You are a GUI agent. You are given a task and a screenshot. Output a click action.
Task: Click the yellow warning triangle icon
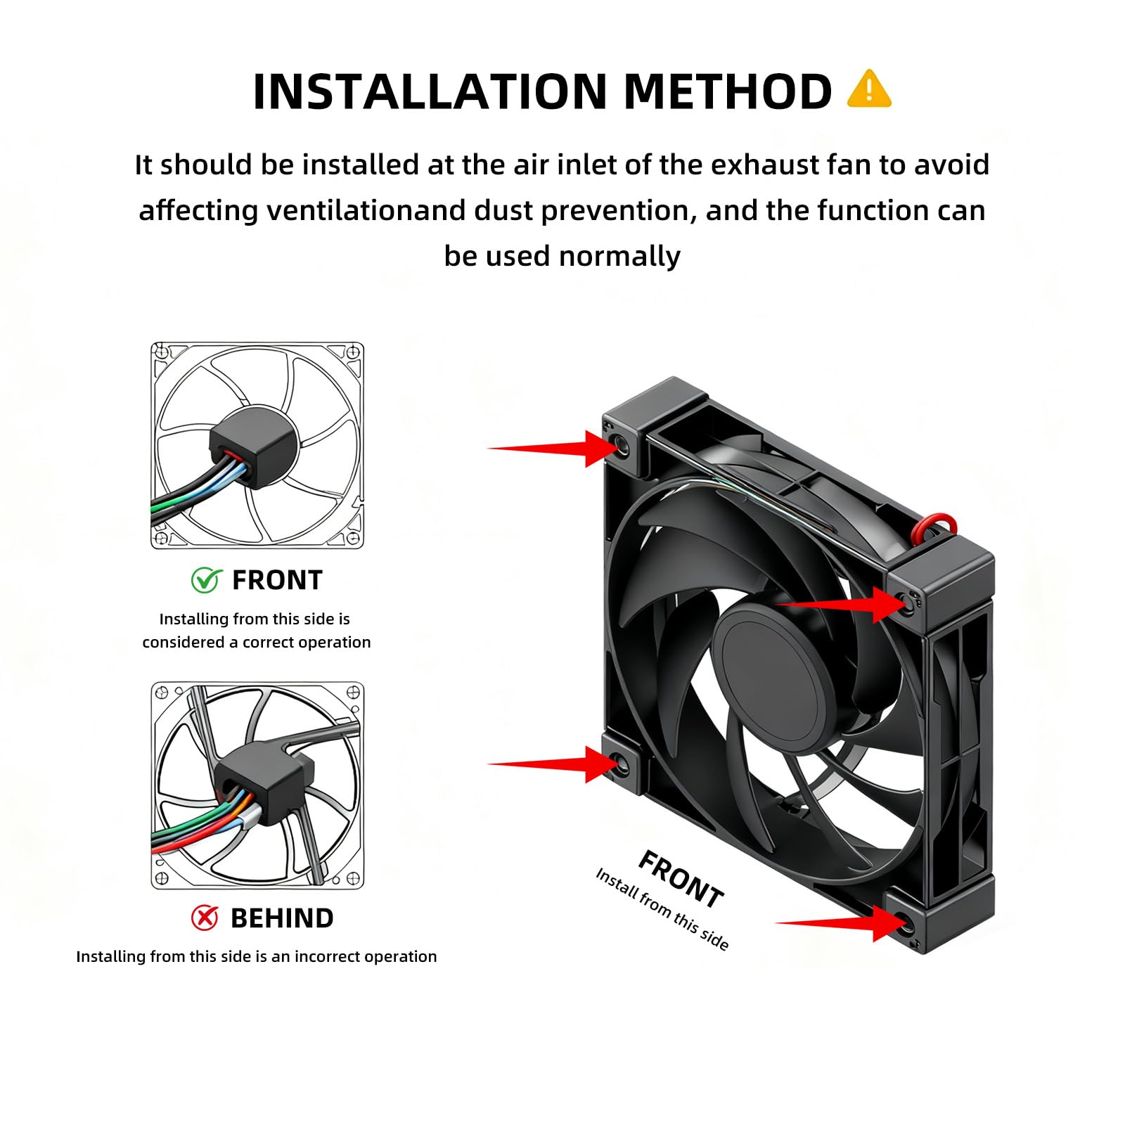[x=869, y=89]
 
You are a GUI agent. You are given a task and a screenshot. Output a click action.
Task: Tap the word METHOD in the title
[x=728, y=91]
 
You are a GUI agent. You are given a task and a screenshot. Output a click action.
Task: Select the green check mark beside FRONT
[x=206, y=579]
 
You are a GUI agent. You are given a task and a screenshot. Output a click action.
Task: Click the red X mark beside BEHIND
[x=205, y=917]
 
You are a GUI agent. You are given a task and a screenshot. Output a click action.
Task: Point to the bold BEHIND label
[x=282, y=918]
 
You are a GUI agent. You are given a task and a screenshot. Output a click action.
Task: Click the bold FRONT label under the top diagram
[x=277, y=580]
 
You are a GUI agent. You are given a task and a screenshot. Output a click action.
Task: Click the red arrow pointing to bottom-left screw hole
[x=553, y=764]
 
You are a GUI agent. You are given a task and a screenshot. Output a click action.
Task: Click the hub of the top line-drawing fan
[x=254, y=449]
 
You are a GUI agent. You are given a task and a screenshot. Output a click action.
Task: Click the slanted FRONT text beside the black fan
[x=680, y=879]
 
